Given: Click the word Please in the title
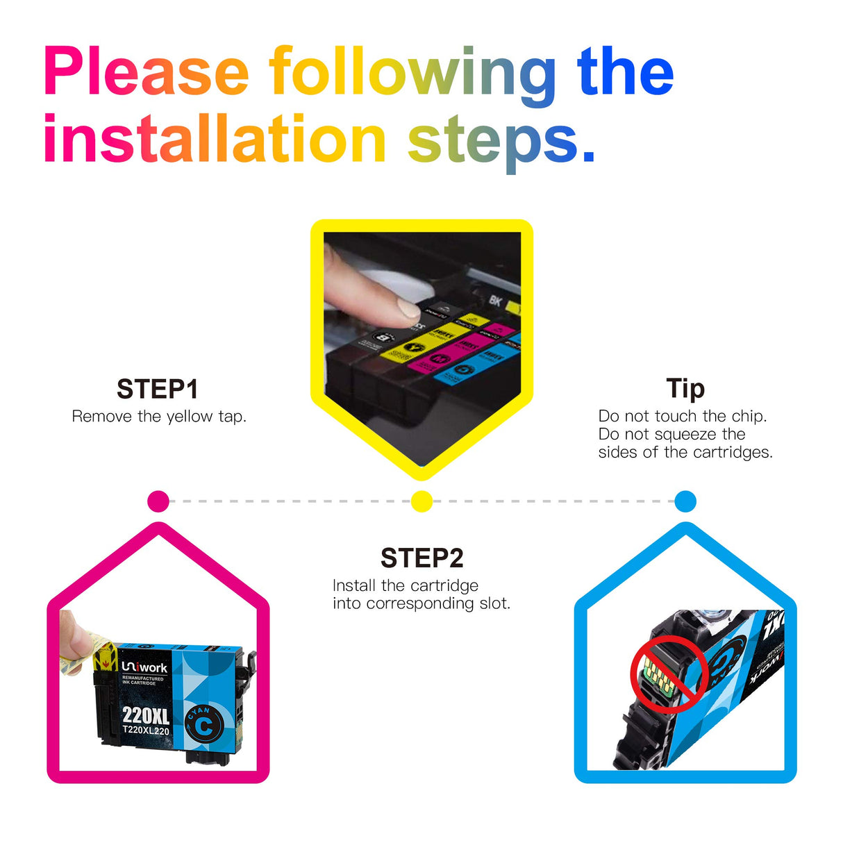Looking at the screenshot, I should (x=146, y=73).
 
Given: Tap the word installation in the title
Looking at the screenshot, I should (x=214, y=140).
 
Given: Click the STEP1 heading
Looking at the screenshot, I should (x=158, y=390).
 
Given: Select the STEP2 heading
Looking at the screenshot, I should (x=421, y=558).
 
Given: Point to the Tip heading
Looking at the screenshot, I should (x=685, y=389).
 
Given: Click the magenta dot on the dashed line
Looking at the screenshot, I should (x=158, y=501).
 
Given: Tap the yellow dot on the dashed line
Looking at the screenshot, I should (x=421, y=501).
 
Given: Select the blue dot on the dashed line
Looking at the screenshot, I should (x=685, y=501).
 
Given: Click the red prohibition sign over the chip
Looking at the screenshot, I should (x=669, y=673).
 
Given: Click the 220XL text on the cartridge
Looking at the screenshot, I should (x=146, y=715).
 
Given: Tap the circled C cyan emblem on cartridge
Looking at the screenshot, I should (x=203, y=726).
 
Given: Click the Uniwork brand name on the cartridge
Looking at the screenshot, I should (x=144, y=667).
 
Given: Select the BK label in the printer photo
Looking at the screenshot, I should (x=494, y=300).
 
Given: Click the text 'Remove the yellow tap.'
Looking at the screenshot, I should (x=159, y=417).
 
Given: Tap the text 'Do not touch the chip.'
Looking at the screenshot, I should (x=682, y=416).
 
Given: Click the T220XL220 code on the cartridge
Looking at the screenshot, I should (x=146, y=731).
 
